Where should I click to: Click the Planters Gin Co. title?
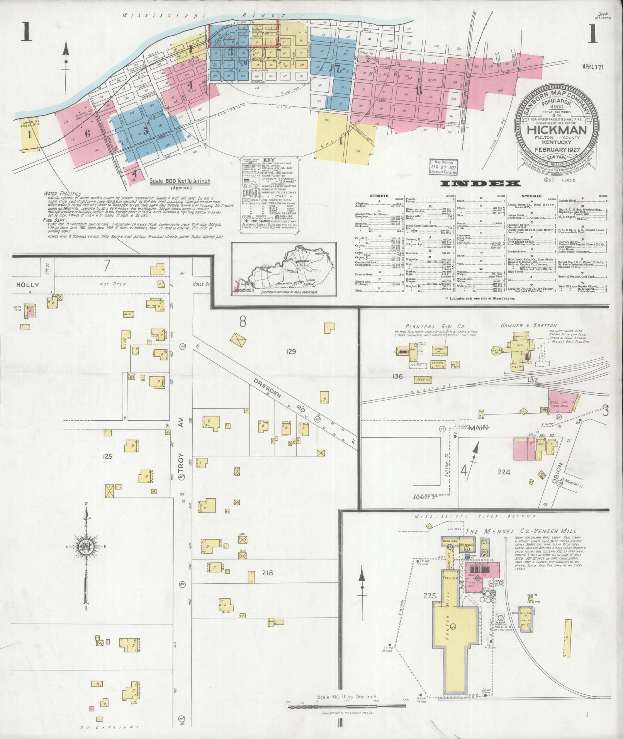[424, 326]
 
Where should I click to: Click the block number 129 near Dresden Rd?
[291, 352]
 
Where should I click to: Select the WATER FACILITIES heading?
[62, 193]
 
